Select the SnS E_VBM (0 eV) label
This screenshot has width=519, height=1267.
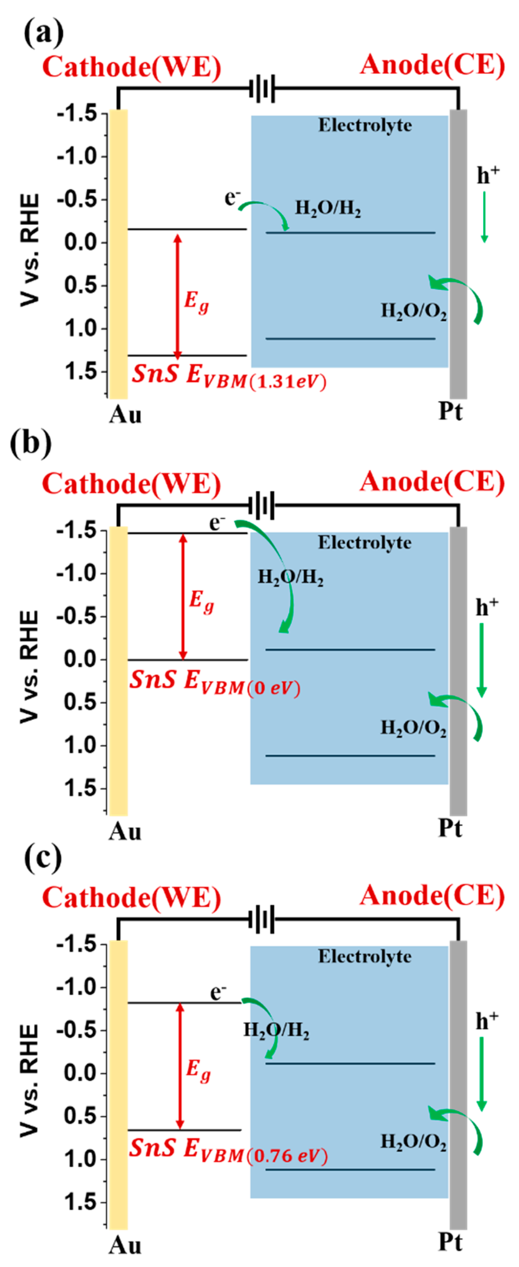tap(215, 683)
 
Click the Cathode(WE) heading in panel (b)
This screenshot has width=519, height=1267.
tap(132, 484)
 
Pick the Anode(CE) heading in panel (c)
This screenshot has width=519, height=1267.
tap(432, 895)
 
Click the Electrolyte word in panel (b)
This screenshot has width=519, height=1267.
tap(365, 542)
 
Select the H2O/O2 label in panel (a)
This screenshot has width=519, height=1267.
tap(414, 311)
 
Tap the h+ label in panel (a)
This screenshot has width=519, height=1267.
tap(487, 174)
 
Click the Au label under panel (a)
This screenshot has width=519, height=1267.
tap(125, 415)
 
